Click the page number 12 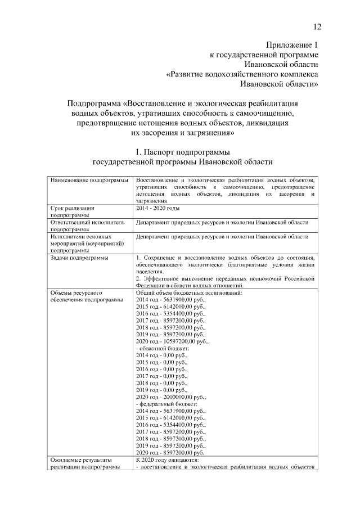[318, 27]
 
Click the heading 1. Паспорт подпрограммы [182, 152]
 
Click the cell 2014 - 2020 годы [157, 208]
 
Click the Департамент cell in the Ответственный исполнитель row [222, 222]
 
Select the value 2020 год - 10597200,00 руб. [172, 341]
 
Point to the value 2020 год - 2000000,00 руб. [172, 397]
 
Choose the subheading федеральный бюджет [167, 404]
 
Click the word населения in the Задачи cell [149, 271]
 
